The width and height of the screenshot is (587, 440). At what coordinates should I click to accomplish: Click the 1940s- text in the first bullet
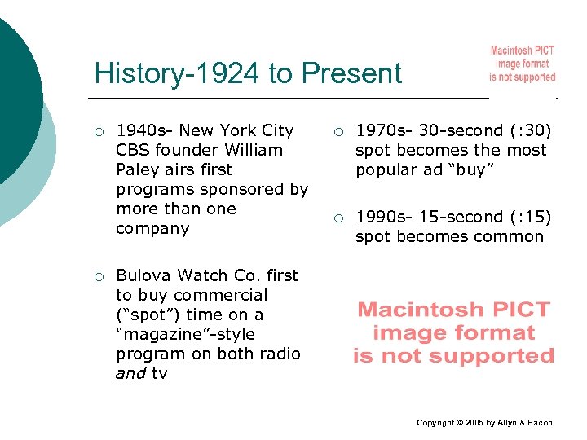coord(144,130)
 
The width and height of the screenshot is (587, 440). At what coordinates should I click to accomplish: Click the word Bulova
coord(143,275)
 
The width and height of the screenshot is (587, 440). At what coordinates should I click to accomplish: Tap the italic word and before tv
coord(131,374)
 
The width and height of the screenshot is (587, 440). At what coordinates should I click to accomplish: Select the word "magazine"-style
coord(185,334)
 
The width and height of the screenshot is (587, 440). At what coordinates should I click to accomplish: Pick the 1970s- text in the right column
coord(384,130)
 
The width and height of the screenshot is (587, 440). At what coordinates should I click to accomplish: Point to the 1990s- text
coord(384,217)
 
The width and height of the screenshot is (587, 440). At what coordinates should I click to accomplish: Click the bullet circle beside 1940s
coord(99,131)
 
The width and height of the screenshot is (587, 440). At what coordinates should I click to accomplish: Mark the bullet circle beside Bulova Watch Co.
coord(99,276)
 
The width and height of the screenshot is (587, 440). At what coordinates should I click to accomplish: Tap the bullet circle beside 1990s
coord(338,218)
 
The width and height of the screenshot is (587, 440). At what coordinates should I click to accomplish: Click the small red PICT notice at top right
coord(522,64)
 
